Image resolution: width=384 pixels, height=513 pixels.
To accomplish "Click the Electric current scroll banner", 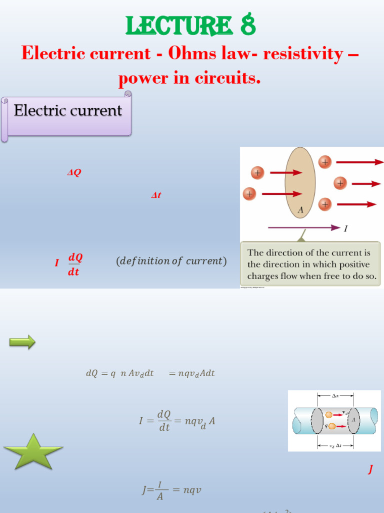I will [x=67, y=111].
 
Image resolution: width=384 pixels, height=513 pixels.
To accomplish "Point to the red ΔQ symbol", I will [x=74, y=173].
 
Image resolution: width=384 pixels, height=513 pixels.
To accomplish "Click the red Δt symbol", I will [x=156, y=195].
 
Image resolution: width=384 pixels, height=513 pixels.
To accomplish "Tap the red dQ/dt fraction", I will [x=74, y=264].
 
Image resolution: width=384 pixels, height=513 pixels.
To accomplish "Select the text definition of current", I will [x=171, y=262].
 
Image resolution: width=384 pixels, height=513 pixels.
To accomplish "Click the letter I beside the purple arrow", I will [x=345, y=228].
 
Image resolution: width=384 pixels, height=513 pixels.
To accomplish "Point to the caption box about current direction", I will [x=312, y=264].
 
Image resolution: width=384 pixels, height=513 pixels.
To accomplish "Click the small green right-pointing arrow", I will [x=22, y=342].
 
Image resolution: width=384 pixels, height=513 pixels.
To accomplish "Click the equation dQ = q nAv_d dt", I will [x=150, y=373].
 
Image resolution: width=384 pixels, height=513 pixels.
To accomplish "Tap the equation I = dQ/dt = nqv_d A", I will [x=177, y=421].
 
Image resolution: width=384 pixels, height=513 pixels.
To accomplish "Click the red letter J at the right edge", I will [x=370, y=469].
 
